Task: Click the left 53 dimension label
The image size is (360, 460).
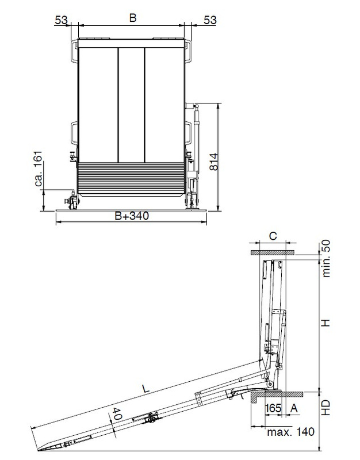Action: pos(61,20)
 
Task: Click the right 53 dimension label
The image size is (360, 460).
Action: pos(210,20)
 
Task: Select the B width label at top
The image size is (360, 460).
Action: pos(133,18)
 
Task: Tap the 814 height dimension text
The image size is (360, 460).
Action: pos(214,162)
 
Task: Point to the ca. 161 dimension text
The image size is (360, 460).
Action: pos(39,168)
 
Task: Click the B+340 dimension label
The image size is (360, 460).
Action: pos(132,216)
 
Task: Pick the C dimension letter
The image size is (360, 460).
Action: pos(273,236)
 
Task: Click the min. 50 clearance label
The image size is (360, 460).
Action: pos(326,258)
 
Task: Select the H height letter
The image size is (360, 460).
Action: pos(326,323)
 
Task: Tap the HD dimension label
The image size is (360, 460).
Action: pos(326,407)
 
